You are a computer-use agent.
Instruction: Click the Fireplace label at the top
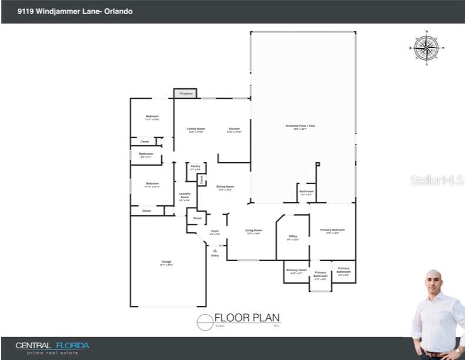(x=185, y=94)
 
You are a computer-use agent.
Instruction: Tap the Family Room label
(x=196, y=129)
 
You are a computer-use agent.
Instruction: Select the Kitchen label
(x=234, y=129)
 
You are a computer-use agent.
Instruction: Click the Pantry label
(x=195, y=166)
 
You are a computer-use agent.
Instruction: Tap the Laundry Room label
(x=184, y=195)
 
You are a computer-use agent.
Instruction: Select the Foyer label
(x=215, y=231)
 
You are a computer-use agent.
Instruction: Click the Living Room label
(x=253, y=231)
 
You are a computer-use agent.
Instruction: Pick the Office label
(x=292, y=236)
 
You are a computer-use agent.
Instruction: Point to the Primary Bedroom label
(x=332, y=230)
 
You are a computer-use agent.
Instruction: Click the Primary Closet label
(x=297, y=270)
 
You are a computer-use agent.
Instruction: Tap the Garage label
(x=167, y=262)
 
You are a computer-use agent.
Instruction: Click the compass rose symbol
(x=425, y=48)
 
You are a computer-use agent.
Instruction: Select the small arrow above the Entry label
(x=215, y=251)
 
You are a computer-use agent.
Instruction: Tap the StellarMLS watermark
(x=437, y=179)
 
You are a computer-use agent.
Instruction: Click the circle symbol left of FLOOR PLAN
(x=204, y=322)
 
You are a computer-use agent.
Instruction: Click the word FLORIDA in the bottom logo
(x=72, y=345)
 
